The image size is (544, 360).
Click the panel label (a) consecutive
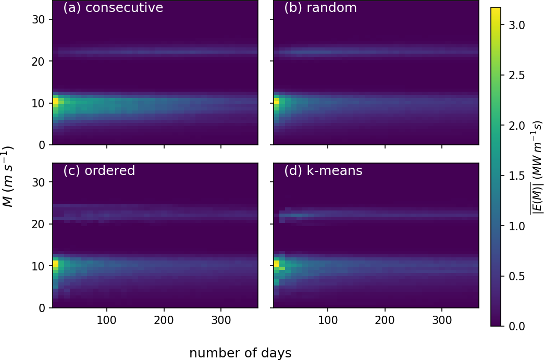(x=113, y=8)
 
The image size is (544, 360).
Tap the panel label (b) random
(x=320, y=8)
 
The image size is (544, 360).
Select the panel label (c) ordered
(x=99, y=171)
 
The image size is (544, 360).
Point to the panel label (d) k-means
(x=323, y=171)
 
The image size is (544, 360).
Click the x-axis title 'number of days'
(x=240, y=353)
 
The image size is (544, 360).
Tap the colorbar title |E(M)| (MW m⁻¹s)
(x=536, y=167)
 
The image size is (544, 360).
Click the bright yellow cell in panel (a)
(x=56, y=101)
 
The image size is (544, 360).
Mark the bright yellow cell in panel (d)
(x=277, y=264)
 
